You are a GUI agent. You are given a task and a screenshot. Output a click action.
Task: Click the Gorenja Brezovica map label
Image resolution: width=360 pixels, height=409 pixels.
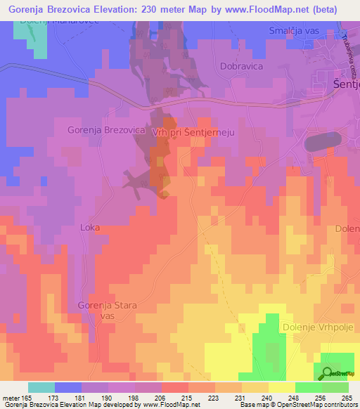point(106,130)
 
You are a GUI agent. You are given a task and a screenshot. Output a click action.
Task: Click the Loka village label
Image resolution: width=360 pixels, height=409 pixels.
point(91,228)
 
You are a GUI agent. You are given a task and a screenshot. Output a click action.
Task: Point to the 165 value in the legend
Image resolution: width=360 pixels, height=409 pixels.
point(27,397)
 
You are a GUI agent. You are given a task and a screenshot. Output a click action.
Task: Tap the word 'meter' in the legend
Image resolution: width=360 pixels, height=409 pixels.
point(10,397)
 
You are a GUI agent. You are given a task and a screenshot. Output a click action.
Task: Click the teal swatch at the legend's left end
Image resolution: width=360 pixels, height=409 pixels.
point(41,387)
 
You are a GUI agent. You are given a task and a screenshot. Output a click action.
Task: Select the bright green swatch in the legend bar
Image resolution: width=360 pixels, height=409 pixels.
point(309,387)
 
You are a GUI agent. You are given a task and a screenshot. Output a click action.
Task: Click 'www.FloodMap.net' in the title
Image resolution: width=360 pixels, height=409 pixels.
point(266,10)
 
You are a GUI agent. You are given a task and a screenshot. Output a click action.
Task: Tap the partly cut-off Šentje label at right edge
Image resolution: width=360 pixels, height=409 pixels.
point(345,85)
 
